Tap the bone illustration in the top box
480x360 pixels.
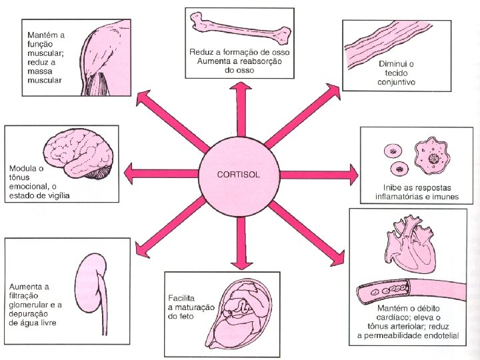click(239, 26)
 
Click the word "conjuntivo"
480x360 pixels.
click(396, 83)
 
